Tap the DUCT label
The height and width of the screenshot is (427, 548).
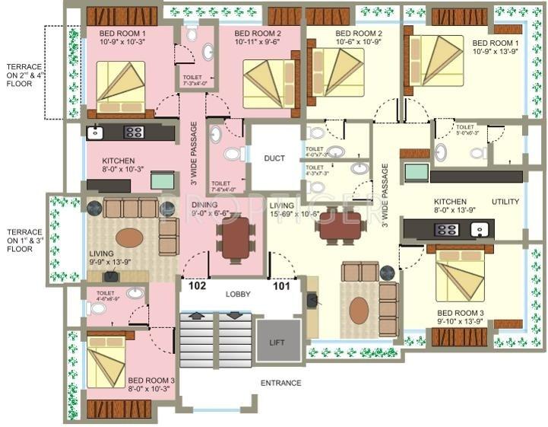tap(274, 158)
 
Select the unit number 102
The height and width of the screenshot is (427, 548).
tap(198, 288)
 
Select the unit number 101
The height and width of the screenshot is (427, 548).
tap(281, 288)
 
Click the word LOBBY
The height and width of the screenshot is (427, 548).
tap(238, 294)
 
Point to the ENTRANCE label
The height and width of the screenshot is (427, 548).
tap(280, 383)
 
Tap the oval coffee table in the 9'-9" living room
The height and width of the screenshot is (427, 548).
tap(128, 237)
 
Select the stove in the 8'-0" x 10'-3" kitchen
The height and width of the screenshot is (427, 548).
tap(134, 132)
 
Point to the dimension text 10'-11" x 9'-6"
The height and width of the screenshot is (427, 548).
tap(258, 43)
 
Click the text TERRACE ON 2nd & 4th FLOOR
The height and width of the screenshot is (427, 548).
tap(22, 75)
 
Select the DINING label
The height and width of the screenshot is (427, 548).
tap(204, 205)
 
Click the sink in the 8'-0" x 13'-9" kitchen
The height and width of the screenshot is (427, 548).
tap(479, 228)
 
